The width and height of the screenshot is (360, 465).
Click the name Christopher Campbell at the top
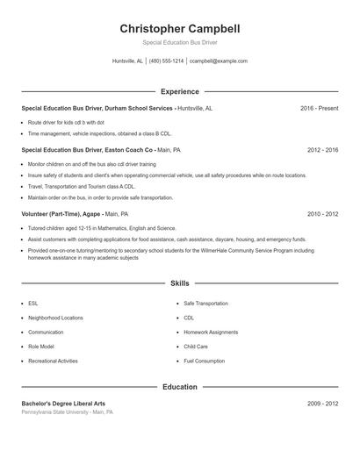(179, 28)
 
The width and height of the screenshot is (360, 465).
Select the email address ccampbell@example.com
(219, 61)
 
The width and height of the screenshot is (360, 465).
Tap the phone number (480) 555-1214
(167, 61)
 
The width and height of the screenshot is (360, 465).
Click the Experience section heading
(179, 91)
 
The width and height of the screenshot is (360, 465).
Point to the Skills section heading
(179, 283)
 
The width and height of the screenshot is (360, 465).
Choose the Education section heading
(179, 387)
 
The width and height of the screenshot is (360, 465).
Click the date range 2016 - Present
(319, 108)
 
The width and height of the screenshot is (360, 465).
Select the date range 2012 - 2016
(322, 150)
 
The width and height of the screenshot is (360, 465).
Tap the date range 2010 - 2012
(322, 213)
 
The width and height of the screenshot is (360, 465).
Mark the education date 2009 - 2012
(322, 404)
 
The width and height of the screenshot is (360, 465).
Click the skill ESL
(32, 304)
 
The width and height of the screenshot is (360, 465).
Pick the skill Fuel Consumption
(204, 361)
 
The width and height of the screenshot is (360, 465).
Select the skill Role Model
(40, 347)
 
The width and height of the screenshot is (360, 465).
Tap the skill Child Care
(196, 347)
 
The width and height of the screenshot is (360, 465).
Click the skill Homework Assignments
(211, 333)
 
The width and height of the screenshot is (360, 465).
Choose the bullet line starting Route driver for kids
(66, 122)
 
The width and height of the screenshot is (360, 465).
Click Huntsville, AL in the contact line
(128, 61)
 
